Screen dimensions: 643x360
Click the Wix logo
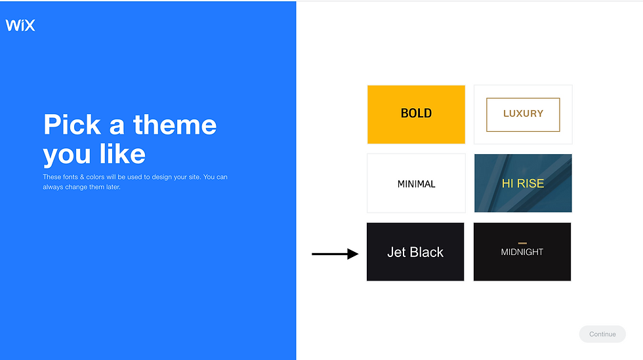tap(20, 26)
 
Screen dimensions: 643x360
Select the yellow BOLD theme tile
tap(416, 114)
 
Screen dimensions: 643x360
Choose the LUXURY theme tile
tap(523, 114)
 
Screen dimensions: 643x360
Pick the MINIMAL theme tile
tap(416, 184)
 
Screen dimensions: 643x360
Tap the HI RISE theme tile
tap(523, 184)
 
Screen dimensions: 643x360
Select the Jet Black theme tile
tap(415, 252)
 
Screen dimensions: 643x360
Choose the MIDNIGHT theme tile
tap(522, 252)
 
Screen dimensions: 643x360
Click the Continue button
tap(602, 334)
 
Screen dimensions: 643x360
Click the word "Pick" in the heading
tap(72, 125)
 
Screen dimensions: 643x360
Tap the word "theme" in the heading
tap(175, 125)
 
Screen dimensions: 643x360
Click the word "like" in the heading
tap(122, 154)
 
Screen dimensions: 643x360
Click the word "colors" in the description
tap(95, 177)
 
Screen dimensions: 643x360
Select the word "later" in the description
tap(113, 187)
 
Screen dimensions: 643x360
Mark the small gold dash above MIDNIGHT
tap(522, 243)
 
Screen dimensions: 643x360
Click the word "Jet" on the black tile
tap(396, 252)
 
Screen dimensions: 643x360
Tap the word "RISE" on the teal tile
tap(530, 184)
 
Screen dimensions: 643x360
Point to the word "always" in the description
tap(53, 188)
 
